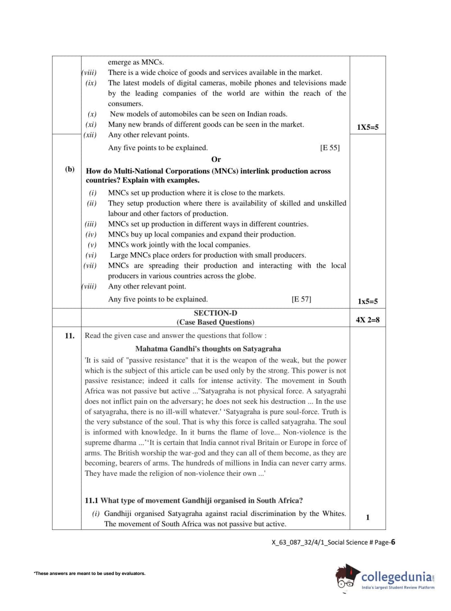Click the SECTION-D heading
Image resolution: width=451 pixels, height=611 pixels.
tap(215, 313)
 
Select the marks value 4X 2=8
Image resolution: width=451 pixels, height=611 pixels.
tap(367, 320)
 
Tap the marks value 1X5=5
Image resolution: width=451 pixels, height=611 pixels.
tap(367, 127)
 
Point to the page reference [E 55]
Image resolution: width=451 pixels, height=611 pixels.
tap(330, 148)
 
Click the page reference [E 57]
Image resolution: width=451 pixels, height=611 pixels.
tap(301, 299)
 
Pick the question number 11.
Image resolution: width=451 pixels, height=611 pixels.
tap(69, 336)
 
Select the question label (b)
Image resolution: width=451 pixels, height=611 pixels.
tap(70, 169)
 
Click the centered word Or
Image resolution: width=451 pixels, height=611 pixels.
tap(216, 160)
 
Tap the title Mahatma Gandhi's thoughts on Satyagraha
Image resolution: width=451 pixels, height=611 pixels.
tap(208, 349)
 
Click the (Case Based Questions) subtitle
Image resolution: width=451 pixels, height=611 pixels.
tap(215, 322)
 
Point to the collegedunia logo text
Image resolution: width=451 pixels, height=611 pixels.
tap(397, 576)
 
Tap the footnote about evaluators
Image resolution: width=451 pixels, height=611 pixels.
tap(90, 574)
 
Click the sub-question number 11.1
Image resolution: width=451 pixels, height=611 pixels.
tap(91, 501)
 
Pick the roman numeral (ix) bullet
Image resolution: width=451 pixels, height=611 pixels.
tap(91, 83)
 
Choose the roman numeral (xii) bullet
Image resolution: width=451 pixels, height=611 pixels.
tap(90, 135)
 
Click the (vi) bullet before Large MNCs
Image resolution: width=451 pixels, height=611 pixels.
tap(91, 255)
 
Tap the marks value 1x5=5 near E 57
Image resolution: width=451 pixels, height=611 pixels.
tap(367, 301)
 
